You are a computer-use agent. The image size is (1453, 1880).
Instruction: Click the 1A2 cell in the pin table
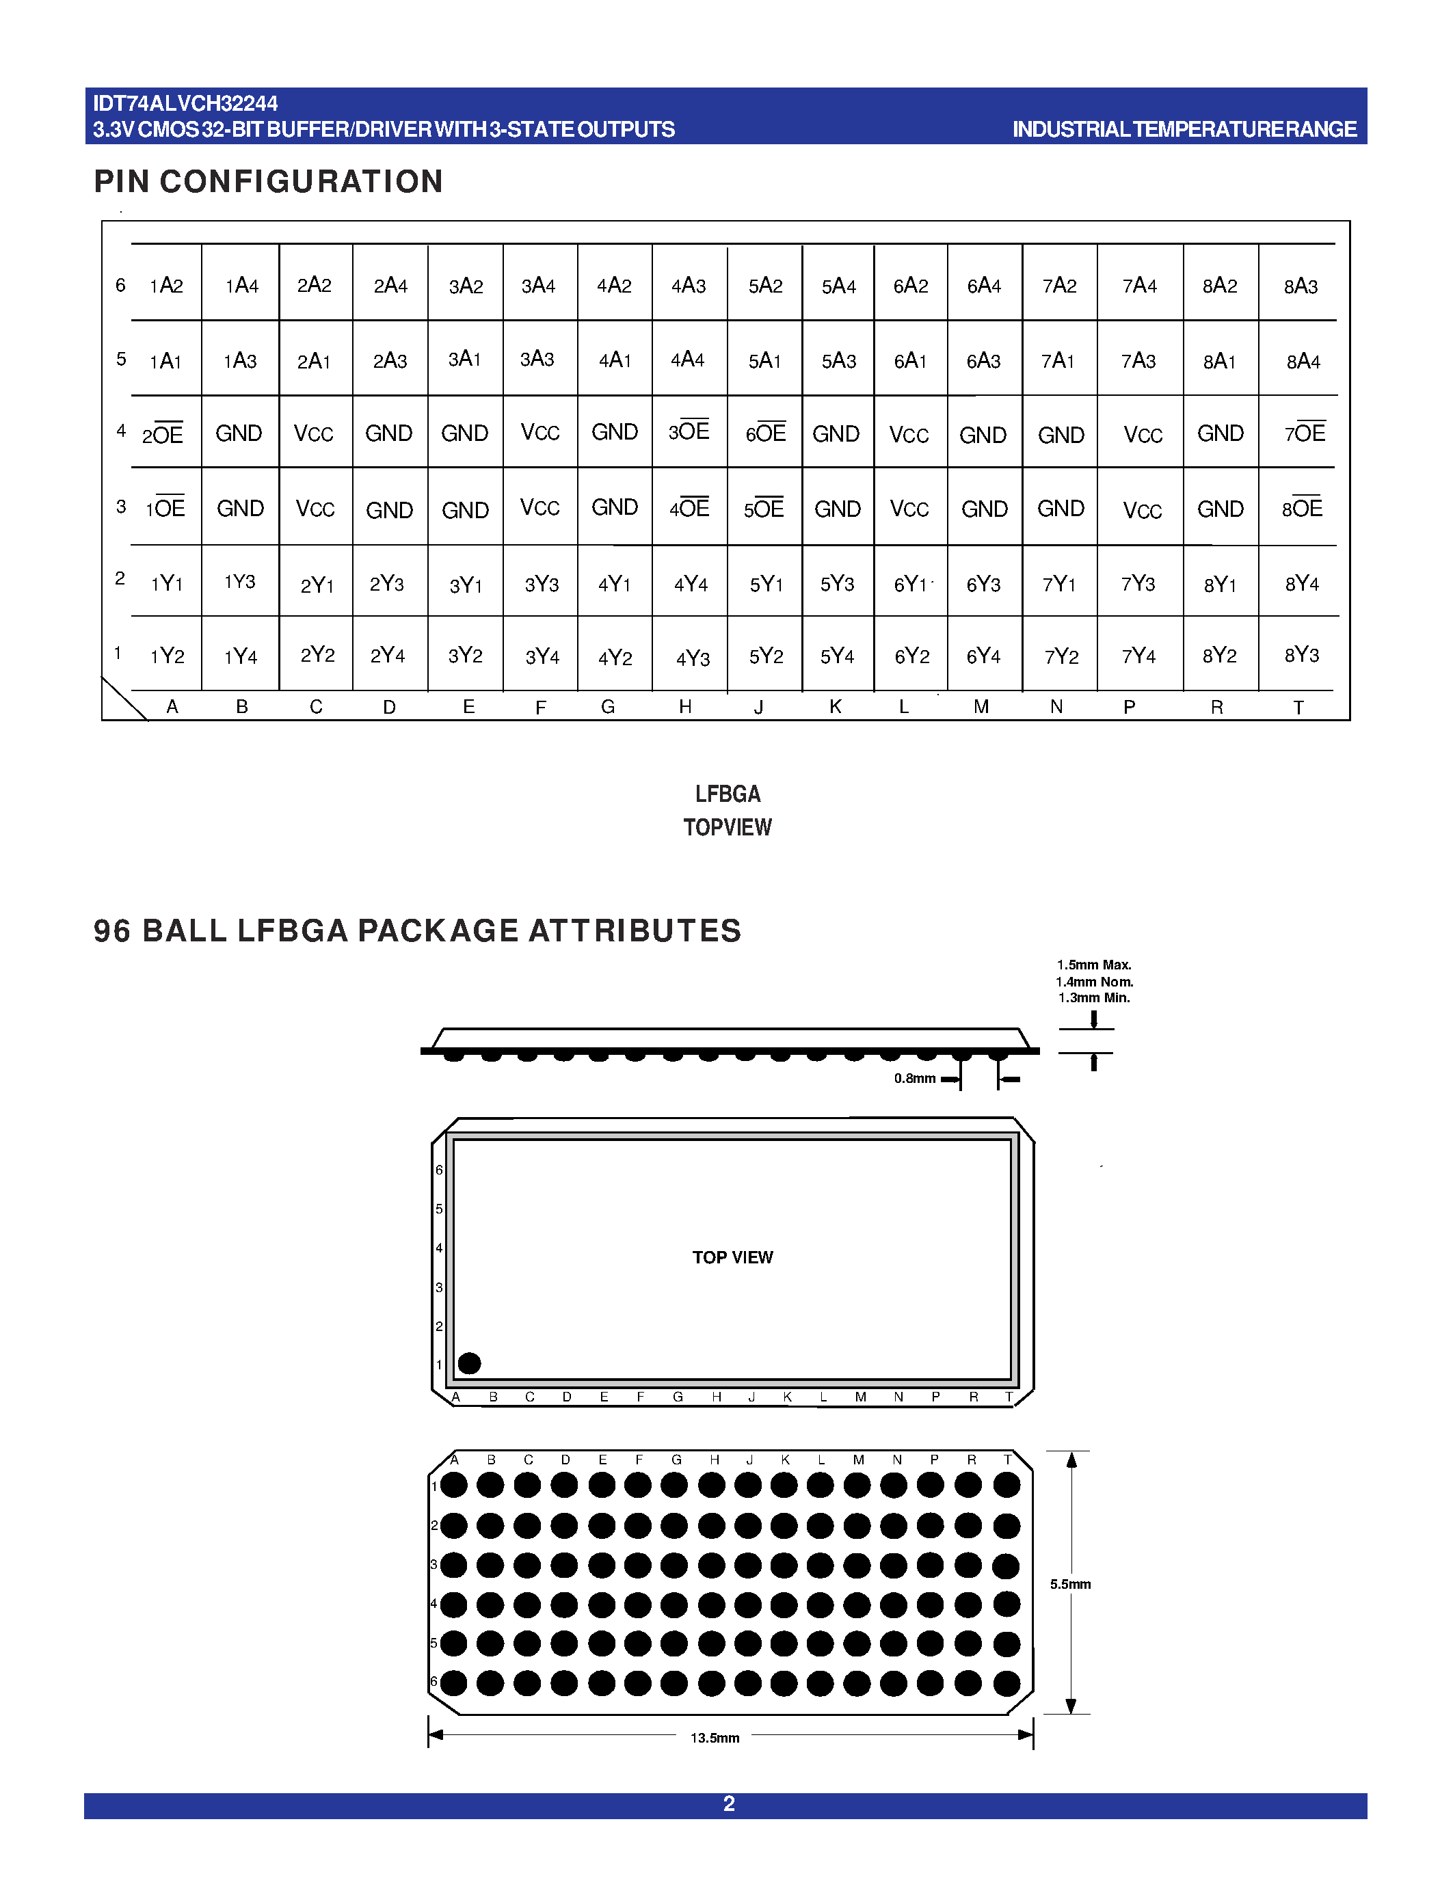[x=166, y=286]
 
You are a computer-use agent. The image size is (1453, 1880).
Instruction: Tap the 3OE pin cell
[x=689, y=431]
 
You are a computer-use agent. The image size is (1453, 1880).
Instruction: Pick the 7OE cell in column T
[x=1305, y=433]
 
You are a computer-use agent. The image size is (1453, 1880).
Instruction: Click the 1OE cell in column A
[x=165, y=509]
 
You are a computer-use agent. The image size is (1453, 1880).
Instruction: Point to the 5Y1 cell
[x=766, y=585]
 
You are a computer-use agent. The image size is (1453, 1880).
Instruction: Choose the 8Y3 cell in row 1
[x=1301, y=655]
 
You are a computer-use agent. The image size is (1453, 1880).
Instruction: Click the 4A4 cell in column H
[x=688, y=360]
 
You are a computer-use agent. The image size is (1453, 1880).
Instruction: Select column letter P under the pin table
[x=1130, y=707]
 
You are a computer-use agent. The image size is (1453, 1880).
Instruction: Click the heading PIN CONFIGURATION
[x=269, y=182]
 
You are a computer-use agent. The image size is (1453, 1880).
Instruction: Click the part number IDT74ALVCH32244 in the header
[x=185, y=104]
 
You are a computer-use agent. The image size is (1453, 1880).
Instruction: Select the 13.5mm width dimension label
[x=715, y=1738]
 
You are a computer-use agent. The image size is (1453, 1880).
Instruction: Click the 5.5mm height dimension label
[x=1070, y=1584]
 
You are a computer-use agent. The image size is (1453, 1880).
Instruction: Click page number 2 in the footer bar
[x=728, y=1804]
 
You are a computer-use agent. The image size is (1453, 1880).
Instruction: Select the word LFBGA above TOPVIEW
[x=728, y=794]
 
